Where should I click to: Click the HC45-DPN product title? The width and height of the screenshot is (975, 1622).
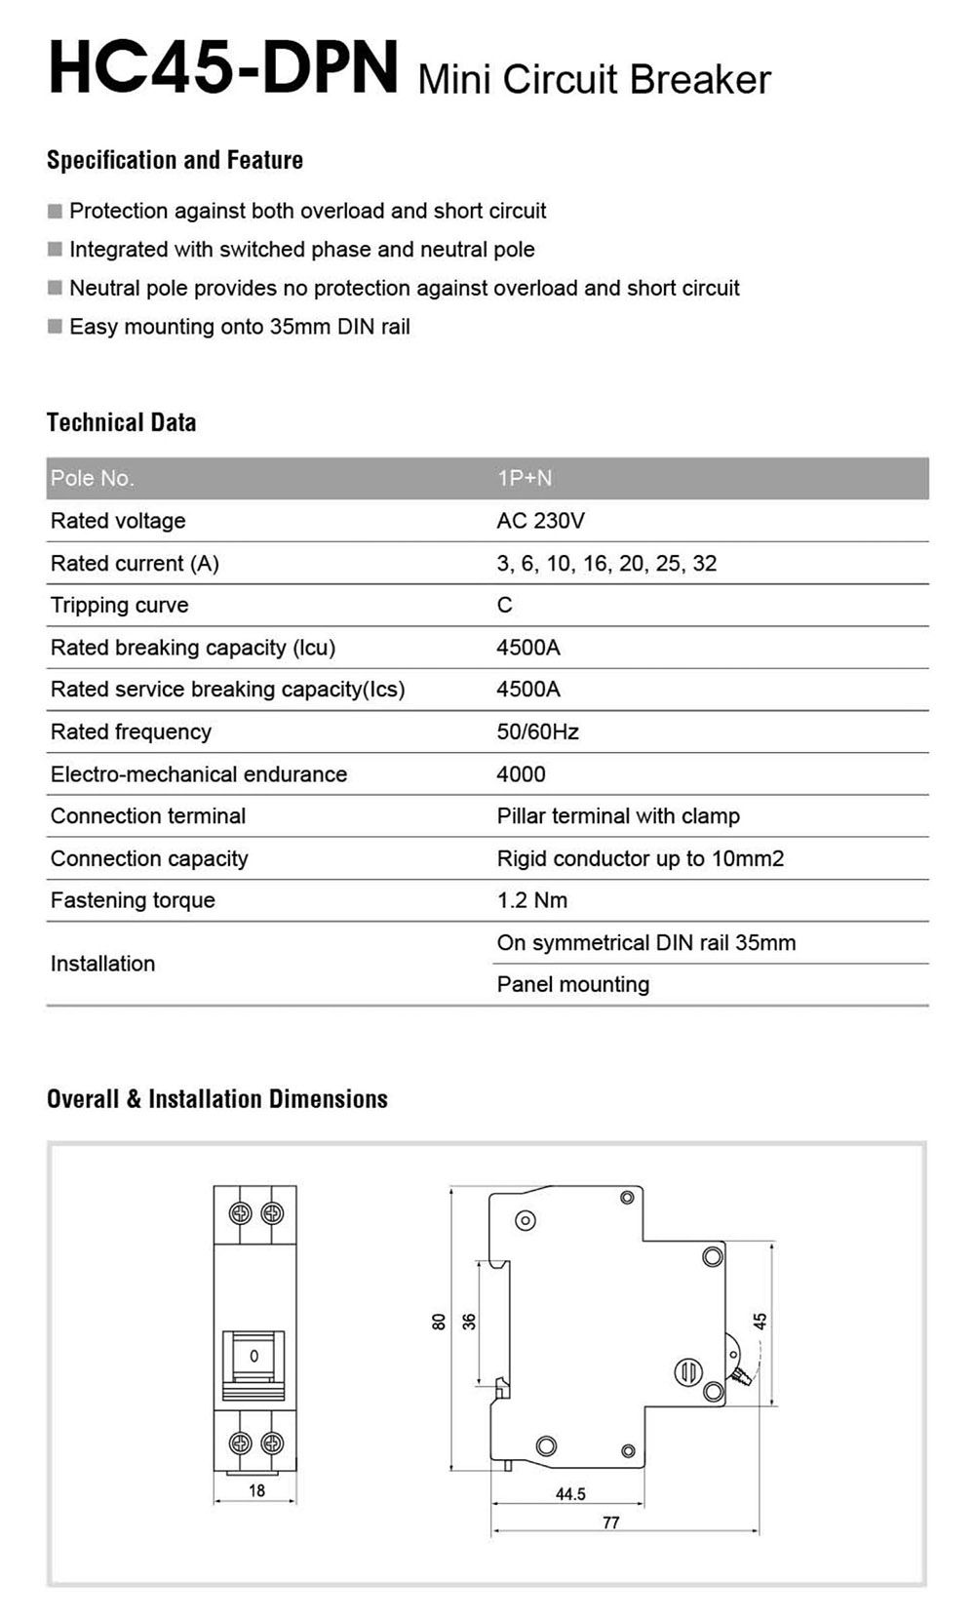[223, 68]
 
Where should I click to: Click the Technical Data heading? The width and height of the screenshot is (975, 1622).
[121, 422]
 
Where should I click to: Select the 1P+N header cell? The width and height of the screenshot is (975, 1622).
[525, 478]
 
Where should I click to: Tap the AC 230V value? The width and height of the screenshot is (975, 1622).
[540, 521]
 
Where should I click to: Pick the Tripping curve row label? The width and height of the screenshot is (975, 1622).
[119, 606]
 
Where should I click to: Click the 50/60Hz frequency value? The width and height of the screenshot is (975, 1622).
[537, 732]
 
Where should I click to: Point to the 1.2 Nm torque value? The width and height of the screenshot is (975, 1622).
[531, 900]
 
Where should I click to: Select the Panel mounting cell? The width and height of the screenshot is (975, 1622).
[572, 984]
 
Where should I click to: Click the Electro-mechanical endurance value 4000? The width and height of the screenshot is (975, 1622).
[521, 774]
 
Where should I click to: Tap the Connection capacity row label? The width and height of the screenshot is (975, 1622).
[149, 858]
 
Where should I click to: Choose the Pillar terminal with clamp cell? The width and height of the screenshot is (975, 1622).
[618, 816]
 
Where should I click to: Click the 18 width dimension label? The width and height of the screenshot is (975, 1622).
[256, 1490]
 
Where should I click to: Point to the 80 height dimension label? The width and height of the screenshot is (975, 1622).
[439, 1322]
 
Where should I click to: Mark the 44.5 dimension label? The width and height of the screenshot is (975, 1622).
[570, 1494]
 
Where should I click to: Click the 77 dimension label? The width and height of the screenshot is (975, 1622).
[610, 1523]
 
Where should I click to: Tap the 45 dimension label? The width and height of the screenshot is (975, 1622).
[760, 1321]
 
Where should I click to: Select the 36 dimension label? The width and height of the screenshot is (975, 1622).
[469, 1322]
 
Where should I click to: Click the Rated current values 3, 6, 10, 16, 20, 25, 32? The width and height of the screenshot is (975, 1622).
[606, 564]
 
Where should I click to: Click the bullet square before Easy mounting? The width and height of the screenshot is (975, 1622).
[55, 327]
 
